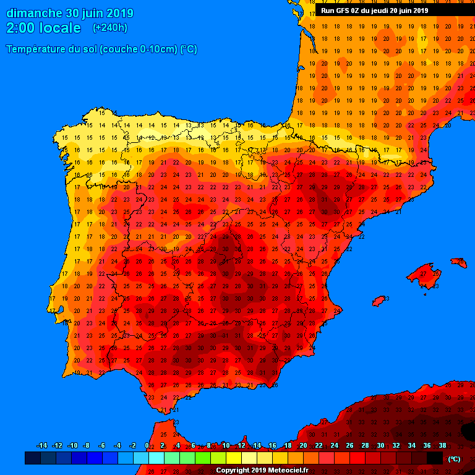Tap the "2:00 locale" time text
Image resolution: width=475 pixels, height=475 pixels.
point(43,28)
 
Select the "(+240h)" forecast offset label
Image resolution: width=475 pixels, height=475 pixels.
point(109,28)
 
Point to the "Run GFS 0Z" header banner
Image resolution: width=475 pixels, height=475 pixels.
point(374,11)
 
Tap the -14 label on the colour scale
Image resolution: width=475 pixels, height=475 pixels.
point(41,446)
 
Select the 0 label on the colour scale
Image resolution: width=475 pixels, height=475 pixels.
point(147,446)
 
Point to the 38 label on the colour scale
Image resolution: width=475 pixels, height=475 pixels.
point(442,446)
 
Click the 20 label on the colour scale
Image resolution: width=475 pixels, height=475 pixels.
point(303,446)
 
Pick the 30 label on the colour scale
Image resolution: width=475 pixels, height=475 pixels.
point(380,446)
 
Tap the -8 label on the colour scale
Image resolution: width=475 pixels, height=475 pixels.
point(87,446)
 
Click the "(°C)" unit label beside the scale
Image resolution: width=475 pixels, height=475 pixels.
point(454,459)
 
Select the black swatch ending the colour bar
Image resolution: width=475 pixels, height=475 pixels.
point(435,458)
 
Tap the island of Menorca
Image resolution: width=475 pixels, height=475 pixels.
point(458,263)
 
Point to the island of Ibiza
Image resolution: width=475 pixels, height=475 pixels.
point(378,301)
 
